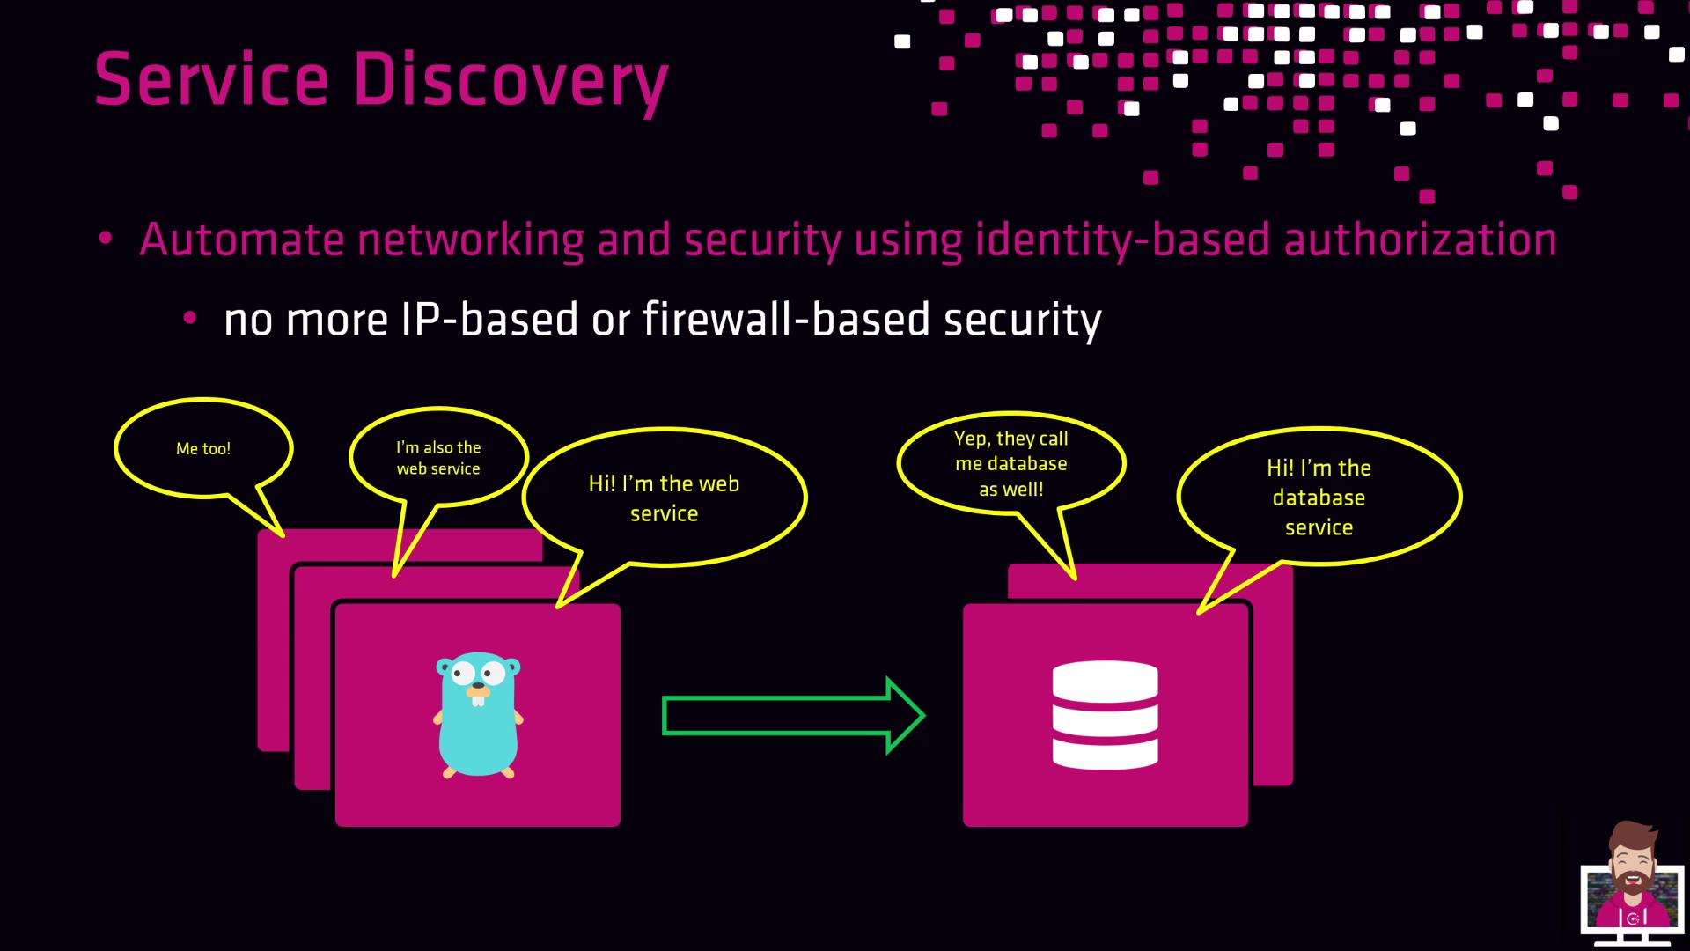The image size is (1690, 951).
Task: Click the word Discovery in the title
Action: pos(511,79)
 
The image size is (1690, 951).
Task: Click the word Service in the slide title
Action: pos(211,79)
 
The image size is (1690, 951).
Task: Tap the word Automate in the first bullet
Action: pos(241,240)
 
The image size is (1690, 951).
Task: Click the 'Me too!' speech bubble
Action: pos(203,449)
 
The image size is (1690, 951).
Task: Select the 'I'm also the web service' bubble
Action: pos(438,458)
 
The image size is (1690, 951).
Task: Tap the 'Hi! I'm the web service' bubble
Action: pos(664,498)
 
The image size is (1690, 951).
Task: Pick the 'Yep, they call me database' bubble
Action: pos(1010,463)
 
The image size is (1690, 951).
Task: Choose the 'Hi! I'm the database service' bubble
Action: pos(1319,498)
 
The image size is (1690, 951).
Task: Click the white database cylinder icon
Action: pos(1105,715)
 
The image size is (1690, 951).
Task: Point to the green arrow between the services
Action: pos(792,715)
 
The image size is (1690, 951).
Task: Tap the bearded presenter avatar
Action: pos(1631,881)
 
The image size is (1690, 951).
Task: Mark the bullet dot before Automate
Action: pos(106,239)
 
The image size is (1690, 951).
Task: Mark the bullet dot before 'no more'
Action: pos(189,319)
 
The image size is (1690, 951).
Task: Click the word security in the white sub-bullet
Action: pos(1022,319)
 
